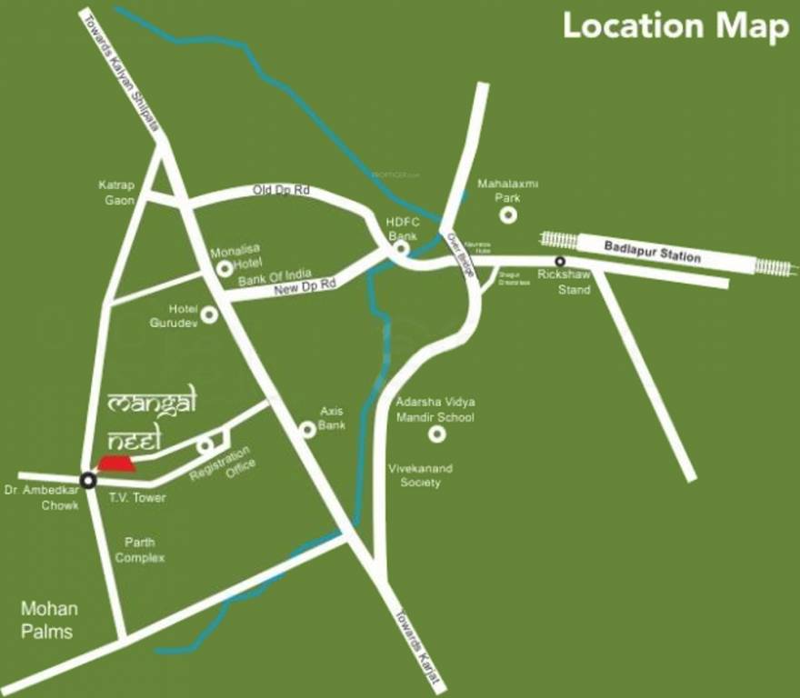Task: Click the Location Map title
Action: click(675, 26)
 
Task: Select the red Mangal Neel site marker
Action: click(116, 464)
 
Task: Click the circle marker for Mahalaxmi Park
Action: click(508, 215)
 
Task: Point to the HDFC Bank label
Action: click(402, 229)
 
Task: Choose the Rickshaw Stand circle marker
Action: click(560, 262)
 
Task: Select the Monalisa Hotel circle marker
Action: click(224, 269)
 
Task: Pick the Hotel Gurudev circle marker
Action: click(209, 314)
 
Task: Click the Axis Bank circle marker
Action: click(309, 429)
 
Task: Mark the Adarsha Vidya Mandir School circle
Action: click(437, 434)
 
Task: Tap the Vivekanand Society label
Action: click(420, 475)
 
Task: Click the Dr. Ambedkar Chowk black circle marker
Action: click(88, 480)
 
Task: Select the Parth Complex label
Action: click(139, 550)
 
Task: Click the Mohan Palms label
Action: click(49, 620)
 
